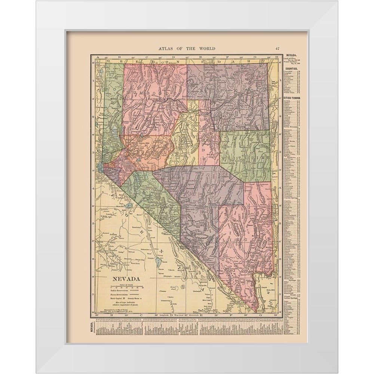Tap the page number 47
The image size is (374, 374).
pos(277,48)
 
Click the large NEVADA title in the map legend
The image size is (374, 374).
pos(125,279)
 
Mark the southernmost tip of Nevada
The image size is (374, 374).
pos(256,311)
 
